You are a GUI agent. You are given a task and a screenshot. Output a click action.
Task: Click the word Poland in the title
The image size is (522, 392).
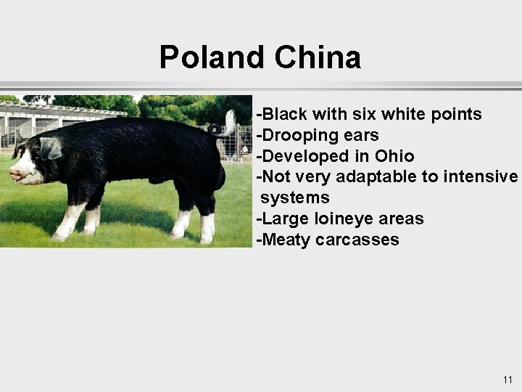coord(210,57)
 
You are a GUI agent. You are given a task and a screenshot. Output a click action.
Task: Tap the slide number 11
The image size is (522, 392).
coord(507,380)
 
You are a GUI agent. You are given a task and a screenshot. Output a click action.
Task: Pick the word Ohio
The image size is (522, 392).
coord(394,156)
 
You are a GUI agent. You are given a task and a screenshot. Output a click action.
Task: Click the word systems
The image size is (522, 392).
coord(295,197)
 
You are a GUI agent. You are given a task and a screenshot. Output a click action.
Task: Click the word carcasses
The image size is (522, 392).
coord(358,240)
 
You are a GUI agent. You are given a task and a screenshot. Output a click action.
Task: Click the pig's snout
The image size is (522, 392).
coord(14,174)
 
